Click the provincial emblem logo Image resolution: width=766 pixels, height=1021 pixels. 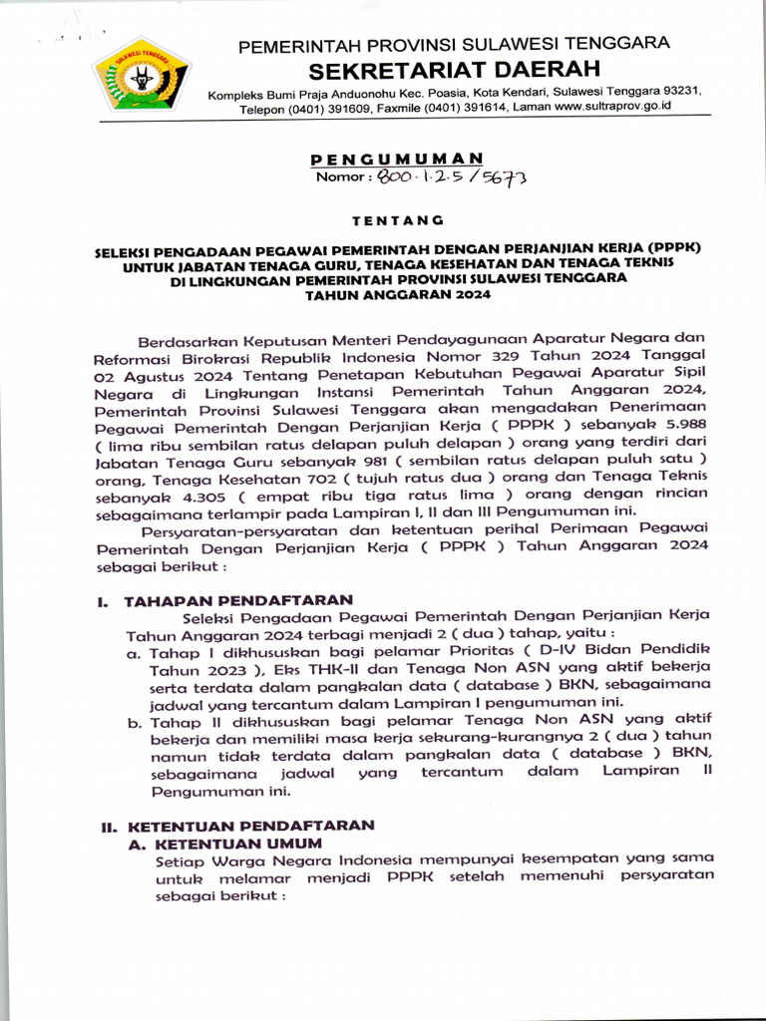[142, 74]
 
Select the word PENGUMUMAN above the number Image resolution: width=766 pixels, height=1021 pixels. [397, 159]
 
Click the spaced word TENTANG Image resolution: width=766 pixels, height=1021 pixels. [397, 219]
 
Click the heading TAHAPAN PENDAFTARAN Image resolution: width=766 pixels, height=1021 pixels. [238, 600]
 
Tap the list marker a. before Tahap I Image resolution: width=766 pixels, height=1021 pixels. [133, 654]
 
